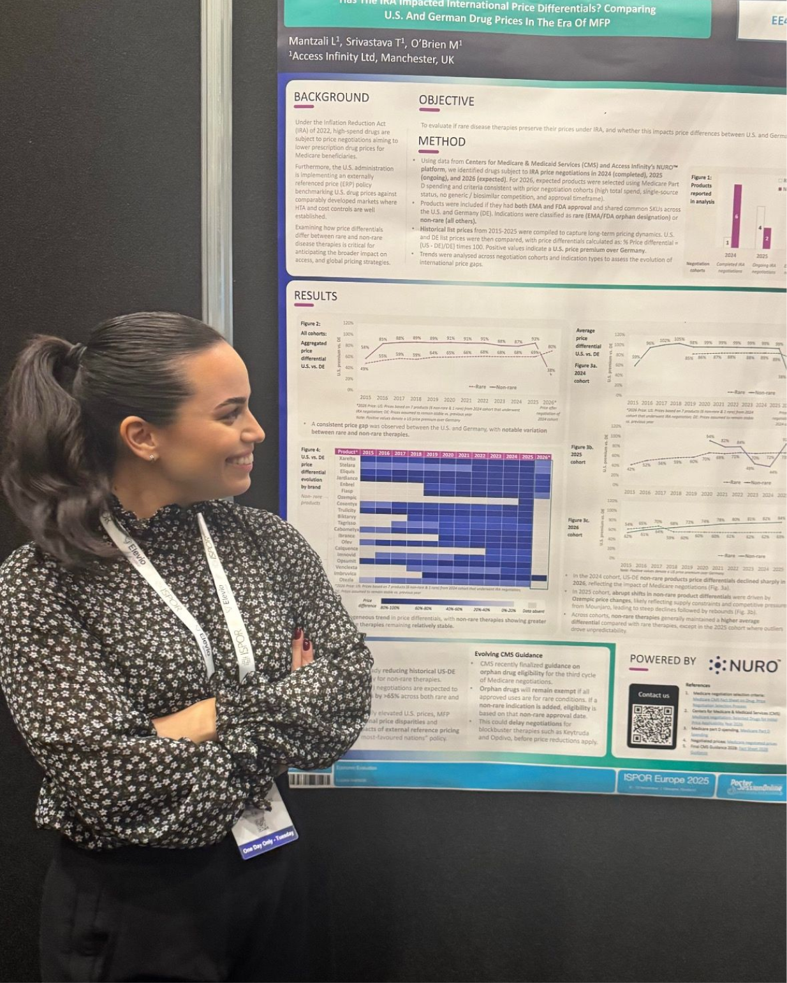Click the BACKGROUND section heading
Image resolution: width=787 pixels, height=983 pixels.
331,98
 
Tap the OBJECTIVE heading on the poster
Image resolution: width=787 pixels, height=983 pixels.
446,101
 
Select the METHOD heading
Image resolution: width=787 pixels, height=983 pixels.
441,142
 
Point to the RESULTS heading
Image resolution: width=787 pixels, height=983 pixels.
315,296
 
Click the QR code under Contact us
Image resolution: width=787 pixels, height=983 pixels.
652,725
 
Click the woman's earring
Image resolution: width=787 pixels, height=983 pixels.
152,457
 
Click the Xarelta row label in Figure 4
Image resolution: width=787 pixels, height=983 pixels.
347,458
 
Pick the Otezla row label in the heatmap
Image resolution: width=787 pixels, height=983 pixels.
347,579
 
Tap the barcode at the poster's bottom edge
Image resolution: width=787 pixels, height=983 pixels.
310,779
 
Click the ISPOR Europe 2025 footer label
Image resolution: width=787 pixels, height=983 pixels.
665,779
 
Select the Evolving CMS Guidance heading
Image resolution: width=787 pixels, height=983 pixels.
508,655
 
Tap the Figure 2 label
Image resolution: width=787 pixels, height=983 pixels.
311,324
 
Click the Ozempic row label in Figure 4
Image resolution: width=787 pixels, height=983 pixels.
347,497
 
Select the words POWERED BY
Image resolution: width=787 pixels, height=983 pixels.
663,660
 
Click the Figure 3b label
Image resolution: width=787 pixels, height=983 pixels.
582,448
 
